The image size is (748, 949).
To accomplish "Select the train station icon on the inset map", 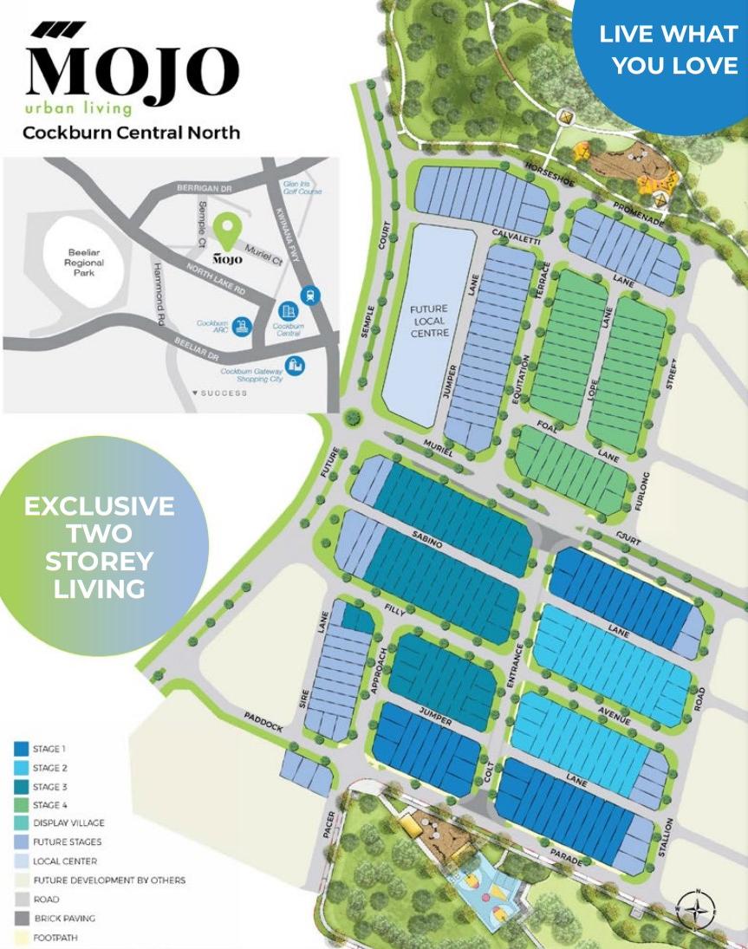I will [x=310, y=296].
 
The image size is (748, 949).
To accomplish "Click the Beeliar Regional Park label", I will [x=85, y=263].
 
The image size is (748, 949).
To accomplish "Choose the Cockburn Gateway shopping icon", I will [x=295, y=367].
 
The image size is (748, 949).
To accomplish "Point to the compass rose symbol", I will [x=696, y=907].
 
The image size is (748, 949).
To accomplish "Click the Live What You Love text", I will [x=668, y=49].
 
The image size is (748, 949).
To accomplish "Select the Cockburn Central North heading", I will [x=131, y=133].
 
